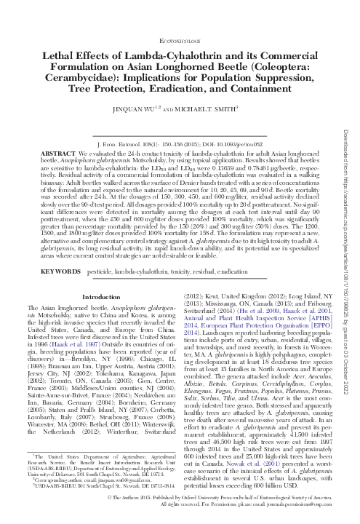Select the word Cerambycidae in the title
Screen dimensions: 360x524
[x=84, y=84]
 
